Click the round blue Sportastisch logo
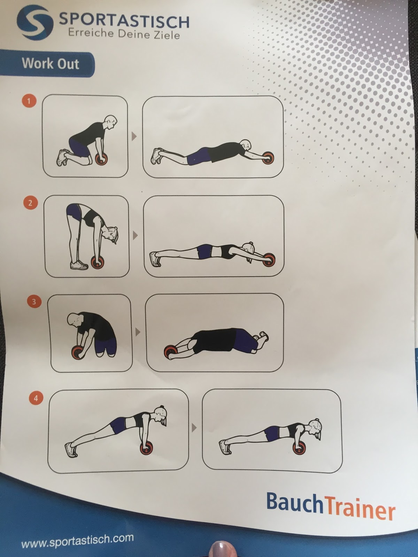tap(35, 22)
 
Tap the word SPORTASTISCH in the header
tap(124, 21)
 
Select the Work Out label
tap(51, 63)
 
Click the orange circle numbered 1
tap(29, 101)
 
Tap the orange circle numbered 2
tap(30, 203)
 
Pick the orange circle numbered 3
tap(34, 302)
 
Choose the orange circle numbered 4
tap(36, 398)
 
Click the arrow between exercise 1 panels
tap(134, 136)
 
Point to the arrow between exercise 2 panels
tap(135, 235)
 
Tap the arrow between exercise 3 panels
tap(138, 332)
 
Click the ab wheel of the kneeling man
tap(101, 159)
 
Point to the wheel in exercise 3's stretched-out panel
tap(171, 352)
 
